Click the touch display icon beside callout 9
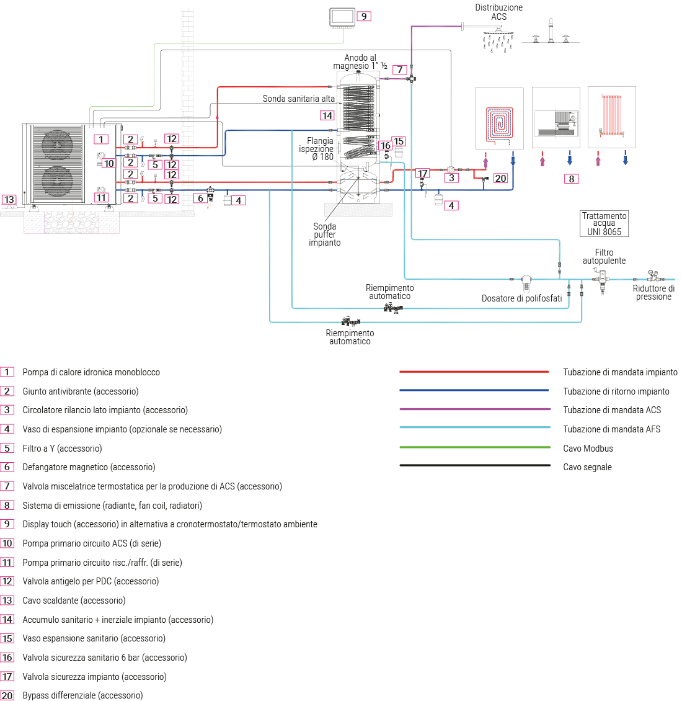point(342,17)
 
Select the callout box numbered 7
point(400,69)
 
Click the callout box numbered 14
point(327,115)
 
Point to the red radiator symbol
point(611,115)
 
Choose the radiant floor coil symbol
point(499,121)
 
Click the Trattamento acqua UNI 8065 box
point(604,223)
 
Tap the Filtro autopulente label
point(604,256)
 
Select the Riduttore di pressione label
point(653,292)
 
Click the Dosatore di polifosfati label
point(521,298)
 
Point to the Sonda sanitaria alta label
point(298,99)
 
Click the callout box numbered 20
point(500,178)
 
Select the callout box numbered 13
point(9,200)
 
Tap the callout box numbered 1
point(101,140)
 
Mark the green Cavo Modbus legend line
point(475,447)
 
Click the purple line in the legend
point(475,409)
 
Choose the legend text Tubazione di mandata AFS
point(611,429)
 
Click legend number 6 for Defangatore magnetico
point(7,467)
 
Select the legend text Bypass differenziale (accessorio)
point(82,695)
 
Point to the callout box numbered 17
point(423,174)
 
